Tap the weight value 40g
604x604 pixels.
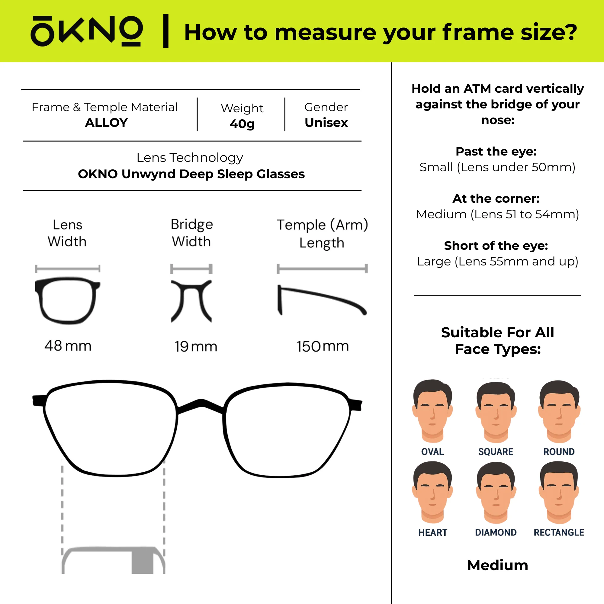(x=242, y=124)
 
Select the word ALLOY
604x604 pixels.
(x=106, y=123)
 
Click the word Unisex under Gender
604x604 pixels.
(x=326, y=123)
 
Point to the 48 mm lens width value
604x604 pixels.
(x=68, y=346)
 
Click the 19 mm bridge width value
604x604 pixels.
(x=196, y=346)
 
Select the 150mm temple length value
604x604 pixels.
(x=323, y=346)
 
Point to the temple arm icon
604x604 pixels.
(x=322, y=295)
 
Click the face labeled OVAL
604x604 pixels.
(x=433, y=411)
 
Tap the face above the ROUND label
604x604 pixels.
(x=559, y=411)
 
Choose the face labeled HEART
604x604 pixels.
(x=433, y=493)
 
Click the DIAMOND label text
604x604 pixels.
(x=496, y=532)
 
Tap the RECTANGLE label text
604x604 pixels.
(x=559, y=532)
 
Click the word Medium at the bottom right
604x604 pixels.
(x=498, y=565)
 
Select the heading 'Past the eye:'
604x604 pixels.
(x=496, y=152)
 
